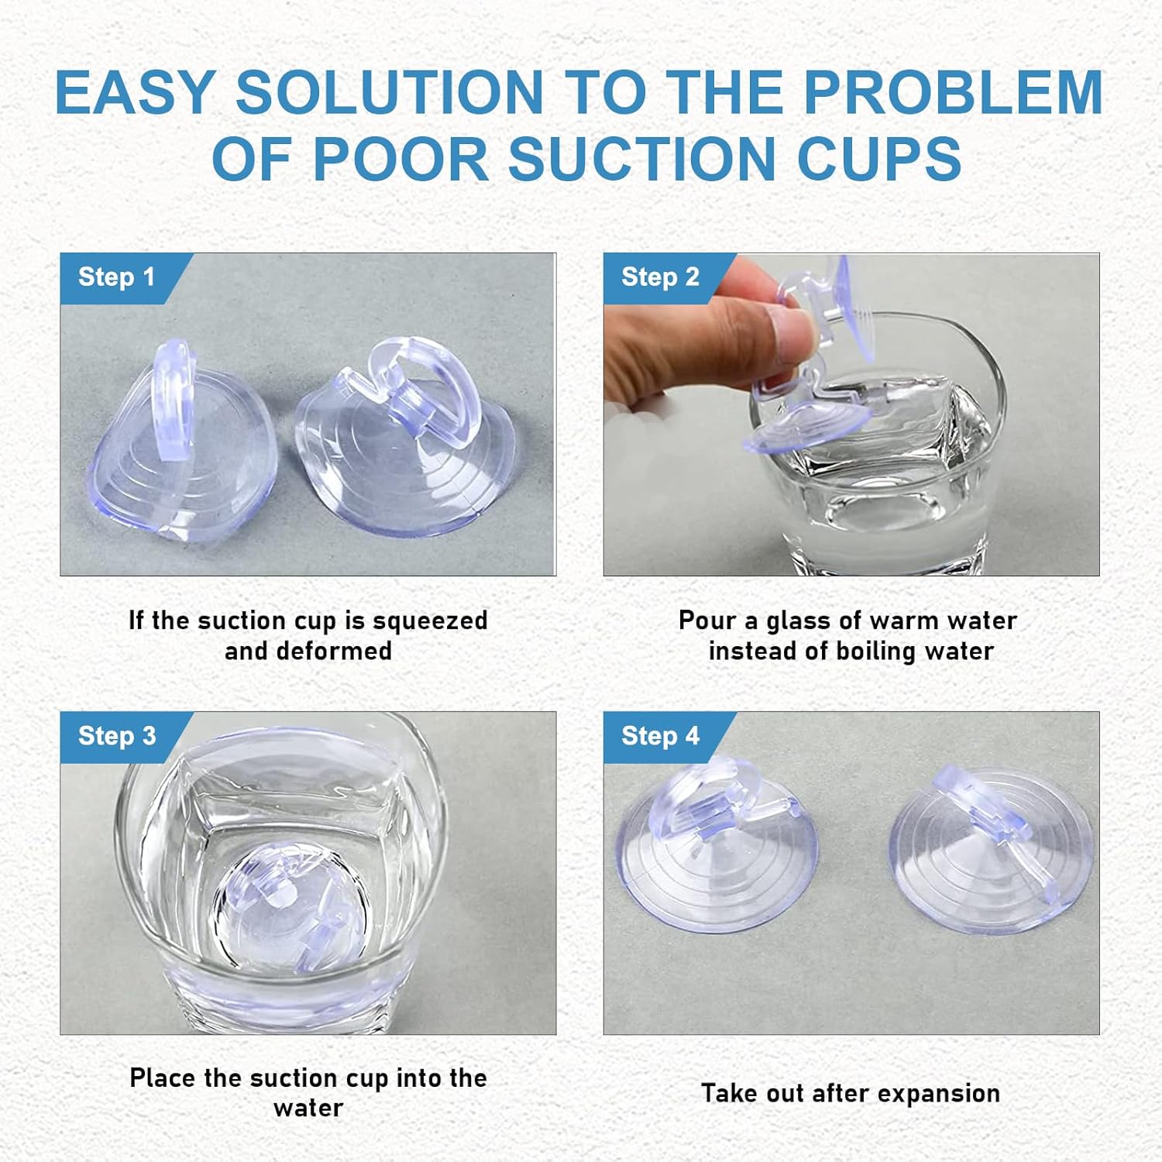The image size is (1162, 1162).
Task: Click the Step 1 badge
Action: (x=116, y=277)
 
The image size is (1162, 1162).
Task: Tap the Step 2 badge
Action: (x=660, y=277)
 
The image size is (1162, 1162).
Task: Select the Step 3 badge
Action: (x=117, y=736)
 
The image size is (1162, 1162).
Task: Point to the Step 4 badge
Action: (x=660, y=736)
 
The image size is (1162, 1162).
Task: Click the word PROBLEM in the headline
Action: (x=953, y=93)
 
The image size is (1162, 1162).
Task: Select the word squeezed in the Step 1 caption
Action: (x=430, y=621)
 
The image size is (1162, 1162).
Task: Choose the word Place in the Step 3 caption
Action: (x=163, y=1078)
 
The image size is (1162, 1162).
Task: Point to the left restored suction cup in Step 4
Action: (x=717, y=852)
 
